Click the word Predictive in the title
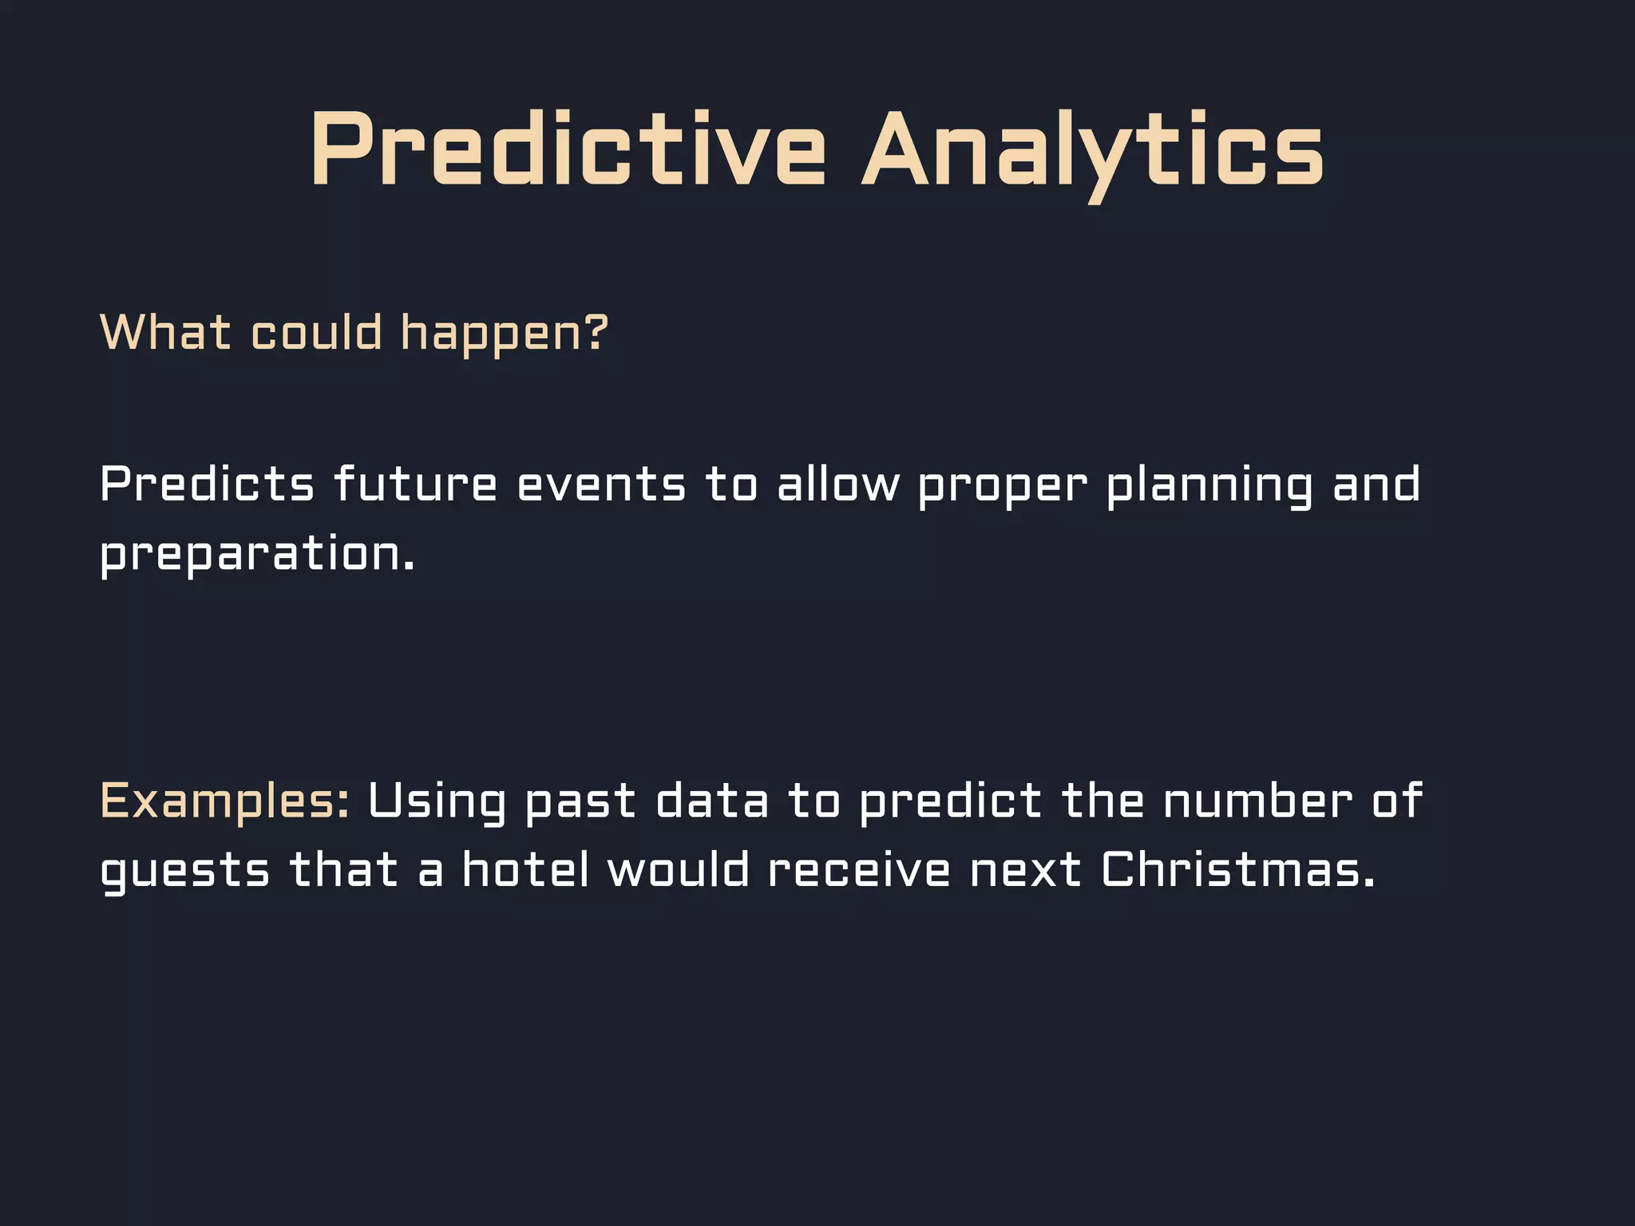tap(568, 150)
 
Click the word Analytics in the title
tap(1092, 150)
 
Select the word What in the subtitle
tap(165, 332)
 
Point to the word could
tap(316, 332)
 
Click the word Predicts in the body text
tap(207, 484)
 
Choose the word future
tap(415, 484)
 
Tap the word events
tap(601, 484)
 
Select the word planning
tap(1209, 484)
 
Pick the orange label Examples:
tap(224, 801)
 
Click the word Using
tap(437, 801)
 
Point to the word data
tap(711, 801)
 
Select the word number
tap(1257, 801)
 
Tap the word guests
tap(184, 870)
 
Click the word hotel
tap(525, 869)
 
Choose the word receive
tap(858, 869)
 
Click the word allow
tap(837, 484)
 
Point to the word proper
tap(1002, 486)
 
